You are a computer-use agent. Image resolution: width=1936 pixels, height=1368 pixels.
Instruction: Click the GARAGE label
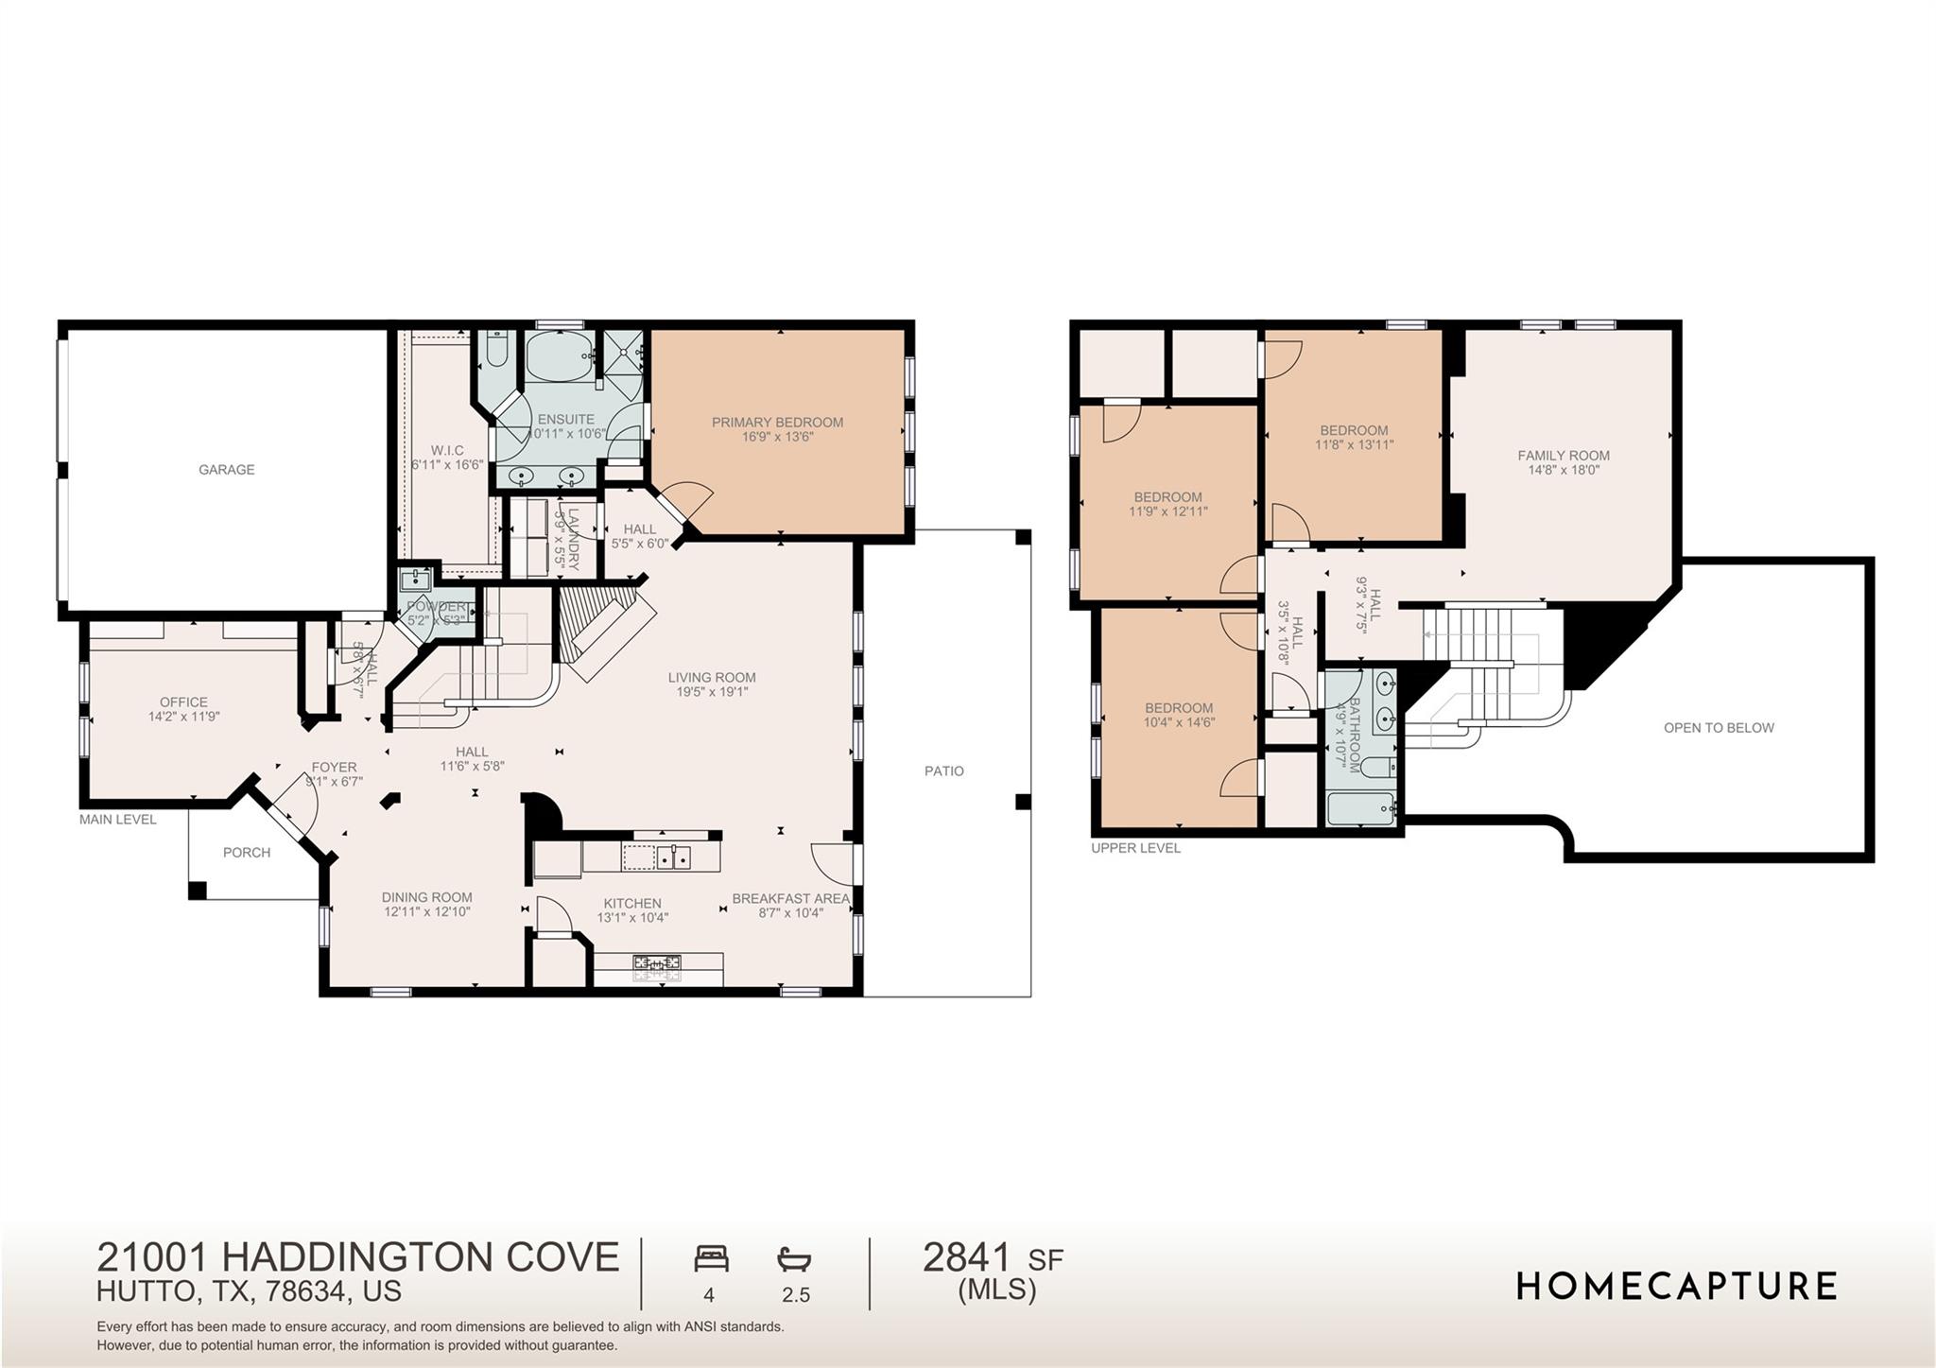tap(226, 470)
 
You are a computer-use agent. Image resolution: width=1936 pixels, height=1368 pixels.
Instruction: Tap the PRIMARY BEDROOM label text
tap(777, 423)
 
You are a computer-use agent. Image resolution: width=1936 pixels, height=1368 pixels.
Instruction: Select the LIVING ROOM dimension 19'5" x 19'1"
tap(711, 692)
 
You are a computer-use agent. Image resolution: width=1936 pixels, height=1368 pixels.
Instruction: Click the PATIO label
tap(943, 771)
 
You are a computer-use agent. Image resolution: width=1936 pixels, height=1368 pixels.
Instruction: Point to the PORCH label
tap(247, 853)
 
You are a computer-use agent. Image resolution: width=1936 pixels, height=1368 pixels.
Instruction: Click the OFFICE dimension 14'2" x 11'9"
tap(183, 717)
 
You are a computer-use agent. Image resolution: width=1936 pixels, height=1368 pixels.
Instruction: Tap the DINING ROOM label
tap(426, 897)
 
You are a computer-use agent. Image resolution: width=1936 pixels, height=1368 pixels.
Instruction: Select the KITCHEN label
tap(632, 903)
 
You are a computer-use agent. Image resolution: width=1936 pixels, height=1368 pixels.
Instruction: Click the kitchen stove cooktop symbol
tap(657, 964)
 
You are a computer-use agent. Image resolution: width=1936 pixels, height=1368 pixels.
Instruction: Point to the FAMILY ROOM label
tap(1564, 456)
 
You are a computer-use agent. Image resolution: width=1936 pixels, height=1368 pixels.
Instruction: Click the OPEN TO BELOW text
tap(1719, 728)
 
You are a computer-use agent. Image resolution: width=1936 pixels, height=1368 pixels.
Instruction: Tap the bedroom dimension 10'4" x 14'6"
tap(1179, 722)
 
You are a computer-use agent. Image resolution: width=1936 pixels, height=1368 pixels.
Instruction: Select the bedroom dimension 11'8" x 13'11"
tap(1354, 444)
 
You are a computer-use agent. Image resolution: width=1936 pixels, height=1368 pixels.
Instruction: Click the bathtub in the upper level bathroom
tap(1361, 809)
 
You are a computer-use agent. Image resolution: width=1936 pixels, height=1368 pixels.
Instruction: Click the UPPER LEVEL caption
tap(1135, 848)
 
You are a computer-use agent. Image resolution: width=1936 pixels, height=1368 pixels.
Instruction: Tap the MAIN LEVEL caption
tap(118, 820)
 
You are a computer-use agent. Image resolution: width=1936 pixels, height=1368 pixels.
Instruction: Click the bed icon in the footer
tap(711, 1258)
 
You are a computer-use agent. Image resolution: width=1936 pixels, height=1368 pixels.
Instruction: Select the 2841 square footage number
tap(966, 1257)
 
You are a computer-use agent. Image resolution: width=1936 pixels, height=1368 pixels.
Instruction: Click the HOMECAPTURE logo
tap(1676, 1287)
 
